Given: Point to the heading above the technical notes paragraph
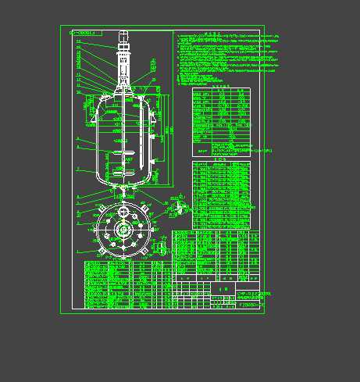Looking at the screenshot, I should (210, 33).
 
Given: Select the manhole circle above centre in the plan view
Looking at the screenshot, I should (123, 212).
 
